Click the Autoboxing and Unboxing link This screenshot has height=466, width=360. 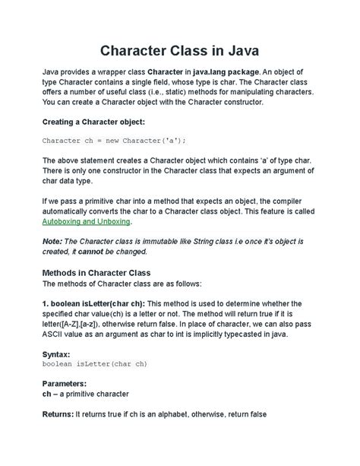coord(87,221)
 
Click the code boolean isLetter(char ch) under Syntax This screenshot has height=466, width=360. coord(94,364)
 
